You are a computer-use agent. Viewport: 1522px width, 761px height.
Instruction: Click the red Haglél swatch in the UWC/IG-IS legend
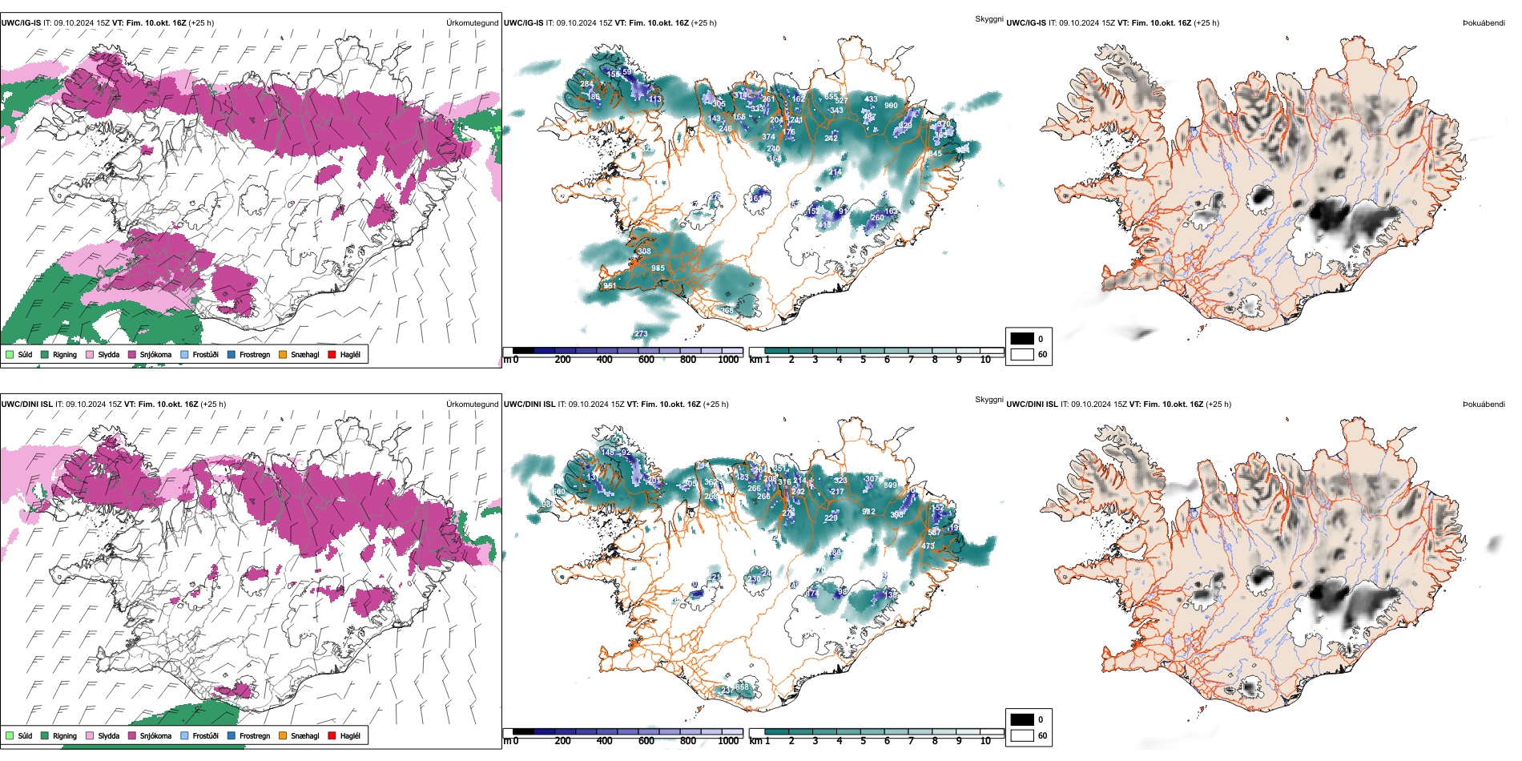point(332,354)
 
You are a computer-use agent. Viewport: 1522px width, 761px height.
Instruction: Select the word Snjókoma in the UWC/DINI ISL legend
point(155,735)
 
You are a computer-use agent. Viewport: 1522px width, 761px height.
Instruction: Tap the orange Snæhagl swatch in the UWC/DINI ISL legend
point(283,735)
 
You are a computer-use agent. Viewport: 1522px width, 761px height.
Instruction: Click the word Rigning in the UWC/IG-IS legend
point(65,354)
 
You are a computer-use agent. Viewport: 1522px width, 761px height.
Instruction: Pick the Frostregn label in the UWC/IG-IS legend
point(255,354)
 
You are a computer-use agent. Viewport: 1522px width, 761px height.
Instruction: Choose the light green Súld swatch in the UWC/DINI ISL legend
point(10,735)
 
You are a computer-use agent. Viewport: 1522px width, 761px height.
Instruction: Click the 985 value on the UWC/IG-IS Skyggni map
point(658,268)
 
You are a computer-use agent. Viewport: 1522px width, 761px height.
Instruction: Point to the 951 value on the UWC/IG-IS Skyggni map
point(610,286)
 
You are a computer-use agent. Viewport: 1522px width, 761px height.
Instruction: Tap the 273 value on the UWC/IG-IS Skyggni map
point(641,334)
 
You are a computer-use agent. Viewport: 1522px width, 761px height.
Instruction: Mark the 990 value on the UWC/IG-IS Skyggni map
point(891,106)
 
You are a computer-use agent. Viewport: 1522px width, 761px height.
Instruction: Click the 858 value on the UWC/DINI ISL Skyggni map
point(743,687)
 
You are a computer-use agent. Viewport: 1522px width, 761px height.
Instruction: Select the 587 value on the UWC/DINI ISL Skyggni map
point(934,532)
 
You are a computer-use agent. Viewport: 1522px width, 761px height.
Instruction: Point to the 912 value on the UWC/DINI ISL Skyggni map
point(868,511)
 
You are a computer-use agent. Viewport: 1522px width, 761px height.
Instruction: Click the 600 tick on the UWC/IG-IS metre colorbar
point(646,360)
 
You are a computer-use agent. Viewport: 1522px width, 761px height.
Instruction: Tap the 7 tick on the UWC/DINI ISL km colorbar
point(911,741)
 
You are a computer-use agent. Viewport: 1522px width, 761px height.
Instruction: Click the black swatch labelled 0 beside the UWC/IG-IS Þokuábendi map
point(1022,339)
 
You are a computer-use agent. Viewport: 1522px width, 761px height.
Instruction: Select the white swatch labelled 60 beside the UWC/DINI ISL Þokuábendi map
point(1022,735)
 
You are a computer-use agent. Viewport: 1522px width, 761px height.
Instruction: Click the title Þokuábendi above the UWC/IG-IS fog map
point(1484,23)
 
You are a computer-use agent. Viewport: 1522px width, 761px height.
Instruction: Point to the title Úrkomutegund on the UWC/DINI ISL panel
point(472,405)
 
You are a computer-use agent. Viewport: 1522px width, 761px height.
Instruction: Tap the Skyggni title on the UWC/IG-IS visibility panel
point(988,19)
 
